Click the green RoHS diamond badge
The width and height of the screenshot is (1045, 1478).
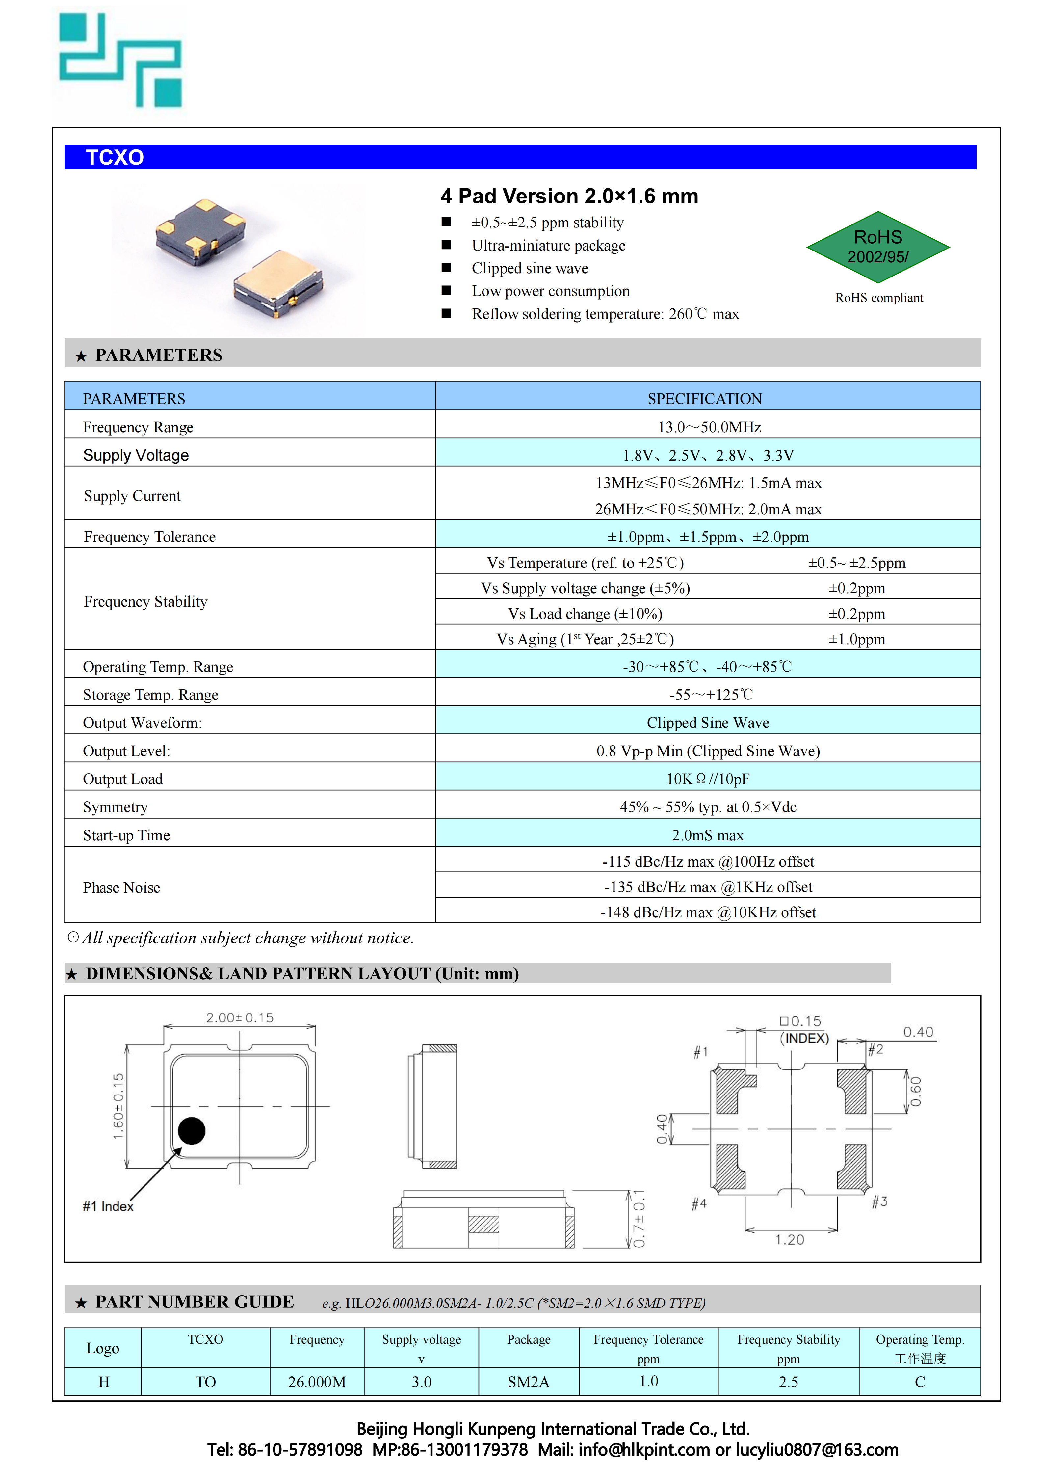(878, 247)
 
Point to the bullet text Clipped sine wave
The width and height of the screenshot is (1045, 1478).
(530, 268)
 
